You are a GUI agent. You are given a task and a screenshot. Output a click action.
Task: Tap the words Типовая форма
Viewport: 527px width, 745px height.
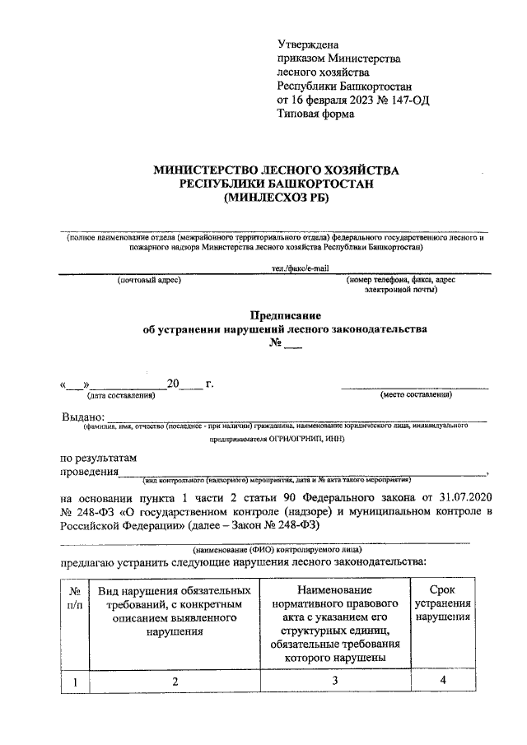pos(316,114)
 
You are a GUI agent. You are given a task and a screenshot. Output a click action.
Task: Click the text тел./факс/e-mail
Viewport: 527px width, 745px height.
pos(300,268)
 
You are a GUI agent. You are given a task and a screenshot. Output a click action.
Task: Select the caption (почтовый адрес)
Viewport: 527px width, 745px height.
pos(148,281)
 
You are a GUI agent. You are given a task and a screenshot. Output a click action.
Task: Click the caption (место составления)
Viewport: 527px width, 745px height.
pos(415,396)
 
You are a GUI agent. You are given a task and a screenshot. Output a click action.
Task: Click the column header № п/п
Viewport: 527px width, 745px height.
pos(75,598)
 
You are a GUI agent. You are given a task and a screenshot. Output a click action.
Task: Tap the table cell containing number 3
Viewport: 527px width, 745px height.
pos(334,681)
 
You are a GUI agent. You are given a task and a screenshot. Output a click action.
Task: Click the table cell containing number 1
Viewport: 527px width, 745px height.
pos(75,681)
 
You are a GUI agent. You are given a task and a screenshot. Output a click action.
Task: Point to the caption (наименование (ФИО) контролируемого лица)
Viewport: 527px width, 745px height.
pos(276,548)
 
